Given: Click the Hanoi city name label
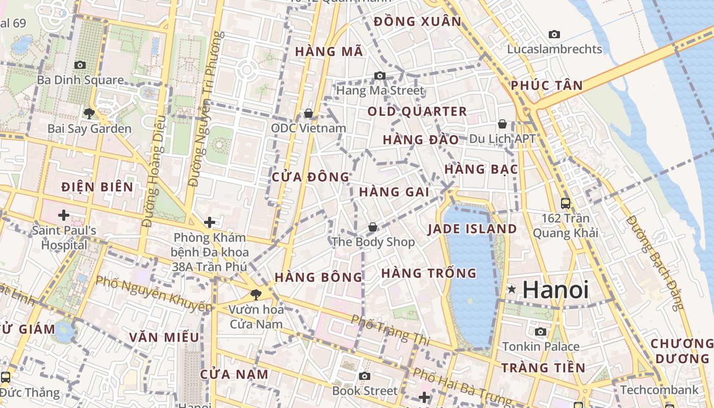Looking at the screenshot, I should (555, 290).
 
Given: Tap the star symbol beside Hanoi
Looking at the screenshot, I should (512, 290).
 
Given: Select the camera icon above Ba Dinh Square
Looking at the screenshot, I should (80, 65).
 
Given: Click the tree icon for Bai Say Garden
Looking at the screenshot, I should (89, 113).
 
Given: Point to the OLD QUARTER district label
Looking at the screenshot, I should (417, 112).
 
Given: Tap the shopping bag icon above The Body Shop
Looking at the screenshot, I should (373, 226).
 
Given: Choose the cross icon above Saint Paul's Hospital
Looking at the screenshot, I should (64, 215).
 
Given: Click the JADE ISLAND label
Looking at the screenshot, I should (472, 229).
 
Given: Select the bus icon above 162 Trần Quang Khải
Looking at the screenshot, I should (565, 203).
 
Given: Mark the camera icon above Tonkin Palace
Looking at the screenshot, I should (541, 332).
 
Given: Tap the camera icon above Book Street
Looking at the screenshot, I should (364, 376).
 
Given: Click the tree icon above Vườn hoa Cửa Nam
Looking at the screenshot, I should (256, 294).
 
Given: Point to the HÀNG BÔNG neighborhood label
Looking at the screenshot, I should (318, 277).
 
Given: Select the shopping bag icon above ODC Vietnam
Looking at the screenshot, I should (308, 113).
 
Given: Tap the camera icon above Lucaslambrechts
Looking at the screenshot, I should (554, 34).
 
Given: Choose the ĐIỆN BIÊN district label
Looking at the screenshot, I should (97, 187).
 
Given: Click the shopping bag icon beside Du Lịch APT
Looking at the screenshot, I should (502, 124).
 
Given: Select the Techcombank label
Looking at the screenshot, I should (659, 390).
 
